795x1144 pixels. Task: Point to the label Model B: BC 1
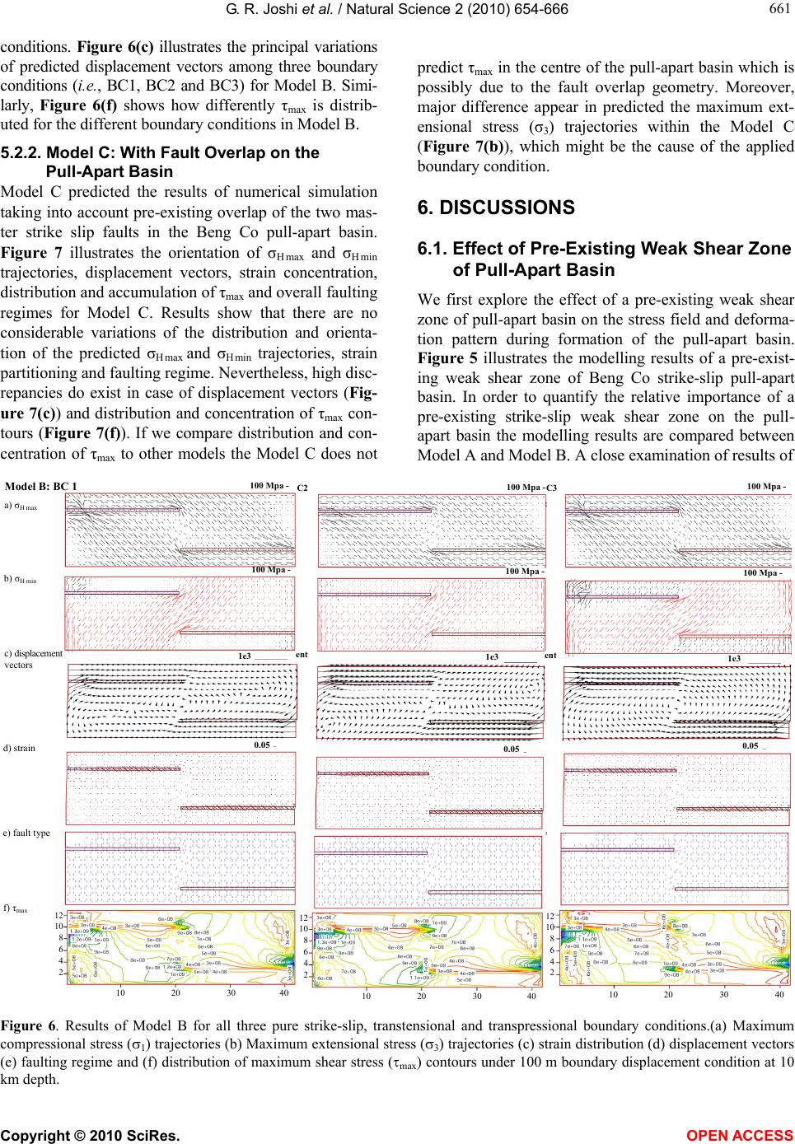tap(41, 486)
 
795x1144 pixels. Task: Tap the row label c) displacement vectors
tap(33, 659)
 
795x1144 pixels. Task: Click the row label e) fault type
tap(27, 833)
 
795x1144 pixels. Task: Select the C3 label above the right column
tap(552, 489)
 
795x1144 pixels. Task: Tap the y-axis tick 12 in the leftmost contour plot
tap(58, 915)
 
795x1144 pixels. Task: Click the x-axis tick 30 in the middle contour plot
tap(477, 996)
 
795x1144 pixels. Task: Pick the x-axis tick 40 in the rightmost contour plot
tap(779, 993)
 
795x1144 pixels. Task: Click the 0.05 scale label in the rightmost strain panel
tap(750, 746)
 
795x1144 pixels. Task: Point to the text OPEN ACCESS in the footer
tap(750, 1129)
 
